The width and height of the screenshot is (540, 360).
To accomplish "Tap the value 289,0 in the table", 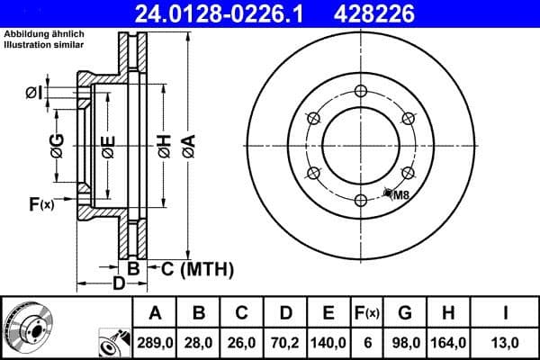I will (155, 342).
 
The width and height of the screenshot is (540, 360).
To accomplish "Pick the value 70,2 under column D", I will (284, 342).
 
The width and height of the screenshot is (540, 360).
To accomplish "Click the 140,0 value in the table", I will (328, 342).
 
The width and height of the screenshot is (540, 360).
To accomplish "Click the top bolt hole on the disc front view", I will (361, 90).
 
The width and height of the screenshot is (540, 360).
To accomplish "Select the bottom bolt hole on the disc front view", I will (361, 200).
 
